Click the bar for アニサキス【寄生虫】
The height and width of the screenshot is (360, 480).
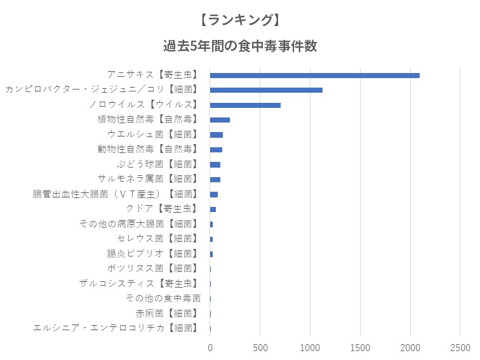pyautogui.click(x=314, y=75)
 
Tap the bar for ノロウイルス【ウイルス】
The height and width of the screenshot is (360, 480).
pyautogui.click(x=245, y=105)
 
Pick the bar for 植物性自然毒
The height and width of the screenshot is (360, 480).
pyautogui.click(x=220, y=119)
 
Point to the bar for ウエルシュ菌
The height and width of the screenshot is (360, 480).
pyautogui.click(x=217, y=135)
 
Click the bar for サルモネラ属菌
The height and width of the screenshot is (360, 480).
pyautogui.click(x=215, y=179)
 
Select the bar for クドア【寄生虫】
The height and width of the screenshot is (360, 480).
pyautogui.click(x=213, y=209)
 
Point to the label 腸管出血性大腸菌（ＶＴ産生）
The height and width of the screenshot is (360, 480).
pyautogui.click(x=116, y=194)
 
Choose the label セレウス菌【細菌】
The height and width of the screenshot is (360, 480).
pyautogui.click(x=159, y=239)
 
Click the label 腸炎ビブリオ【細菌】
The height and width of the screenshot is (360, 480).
pyautogui.click(x=154, y=253)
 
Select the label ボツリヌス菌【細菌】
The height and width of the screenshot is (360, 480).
pyautogui.click(x=154, y=269)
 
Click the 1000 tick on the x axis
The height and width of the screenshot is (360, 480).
pyautogui.click(x=310, y=347)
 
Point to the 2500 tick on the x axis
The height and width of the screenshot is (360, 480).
pyautogui.click(x=460, y=347)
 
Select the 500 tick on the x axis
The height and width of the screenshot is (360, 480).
pyautogui.click(x=260, y=347)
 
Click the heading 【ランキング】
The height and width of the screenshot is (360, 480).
pyautogui.click(x=239, y=20)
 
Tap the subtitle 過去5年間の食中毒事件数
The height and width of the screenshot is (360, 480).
pyautogui.click(x=239, y=46)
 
